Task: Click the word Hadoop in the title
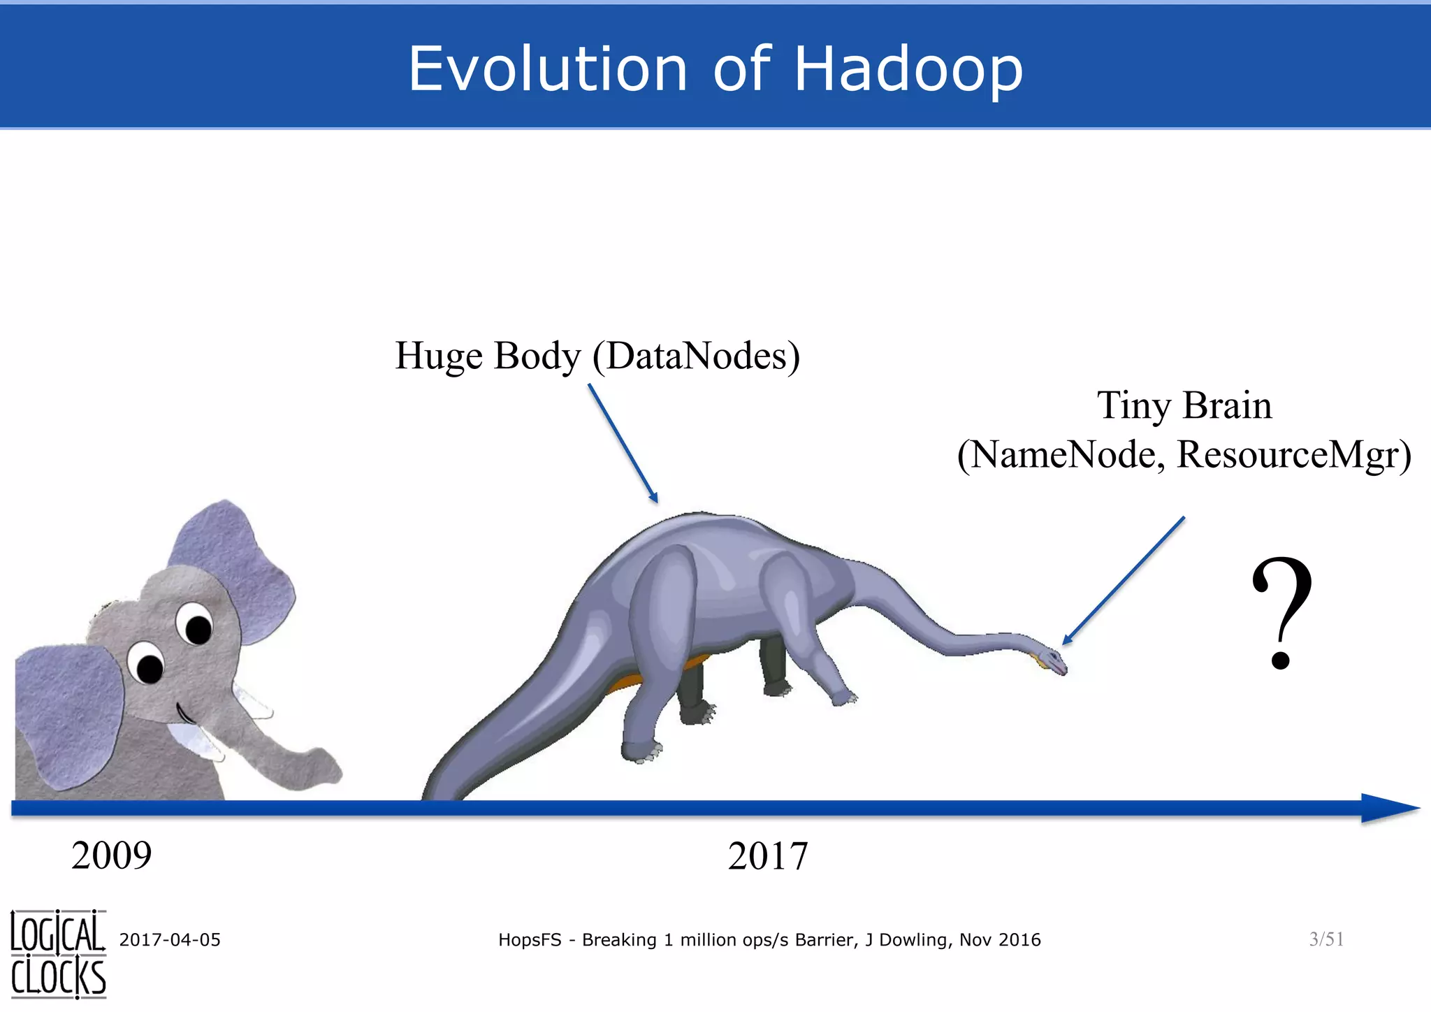908,68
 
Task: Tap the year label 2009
111,855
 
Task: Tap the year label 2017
767,855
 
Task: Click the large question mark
1281,612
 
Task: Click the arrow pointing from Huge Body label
623,442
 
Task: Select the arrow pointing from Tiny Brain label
1123,580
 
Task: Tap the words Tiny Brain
1184,405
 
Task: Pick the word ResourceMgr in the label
1293,454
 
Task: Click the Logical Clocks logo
58,954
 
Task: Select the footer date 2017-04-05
170,940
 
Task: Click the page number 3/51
1326,939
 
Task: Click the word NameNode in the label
1066,454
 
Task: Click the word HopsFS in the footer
529,940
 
